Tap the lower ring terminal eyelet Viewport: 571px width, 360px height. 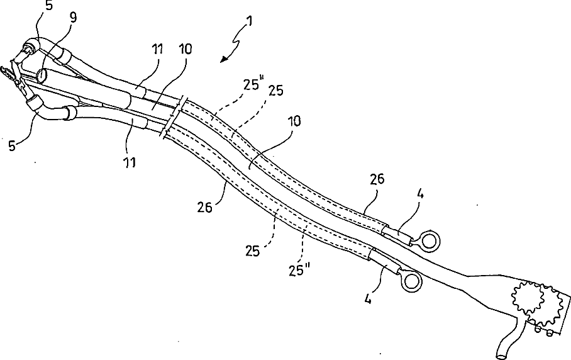pos(411,281)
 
